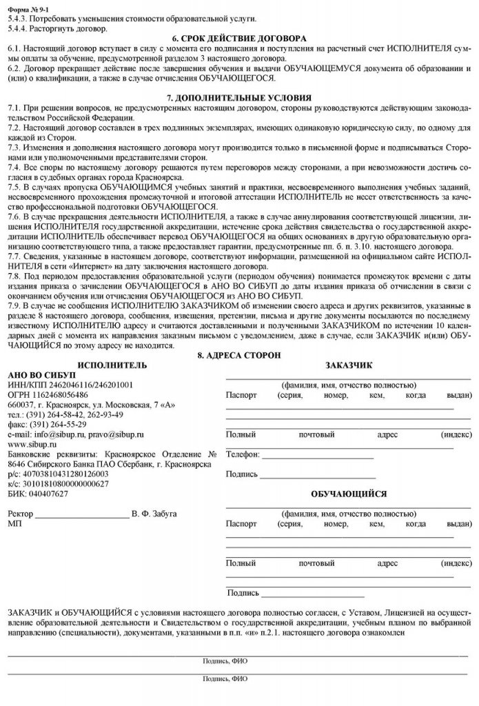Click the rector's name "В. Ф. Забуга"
pos(156,514)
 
